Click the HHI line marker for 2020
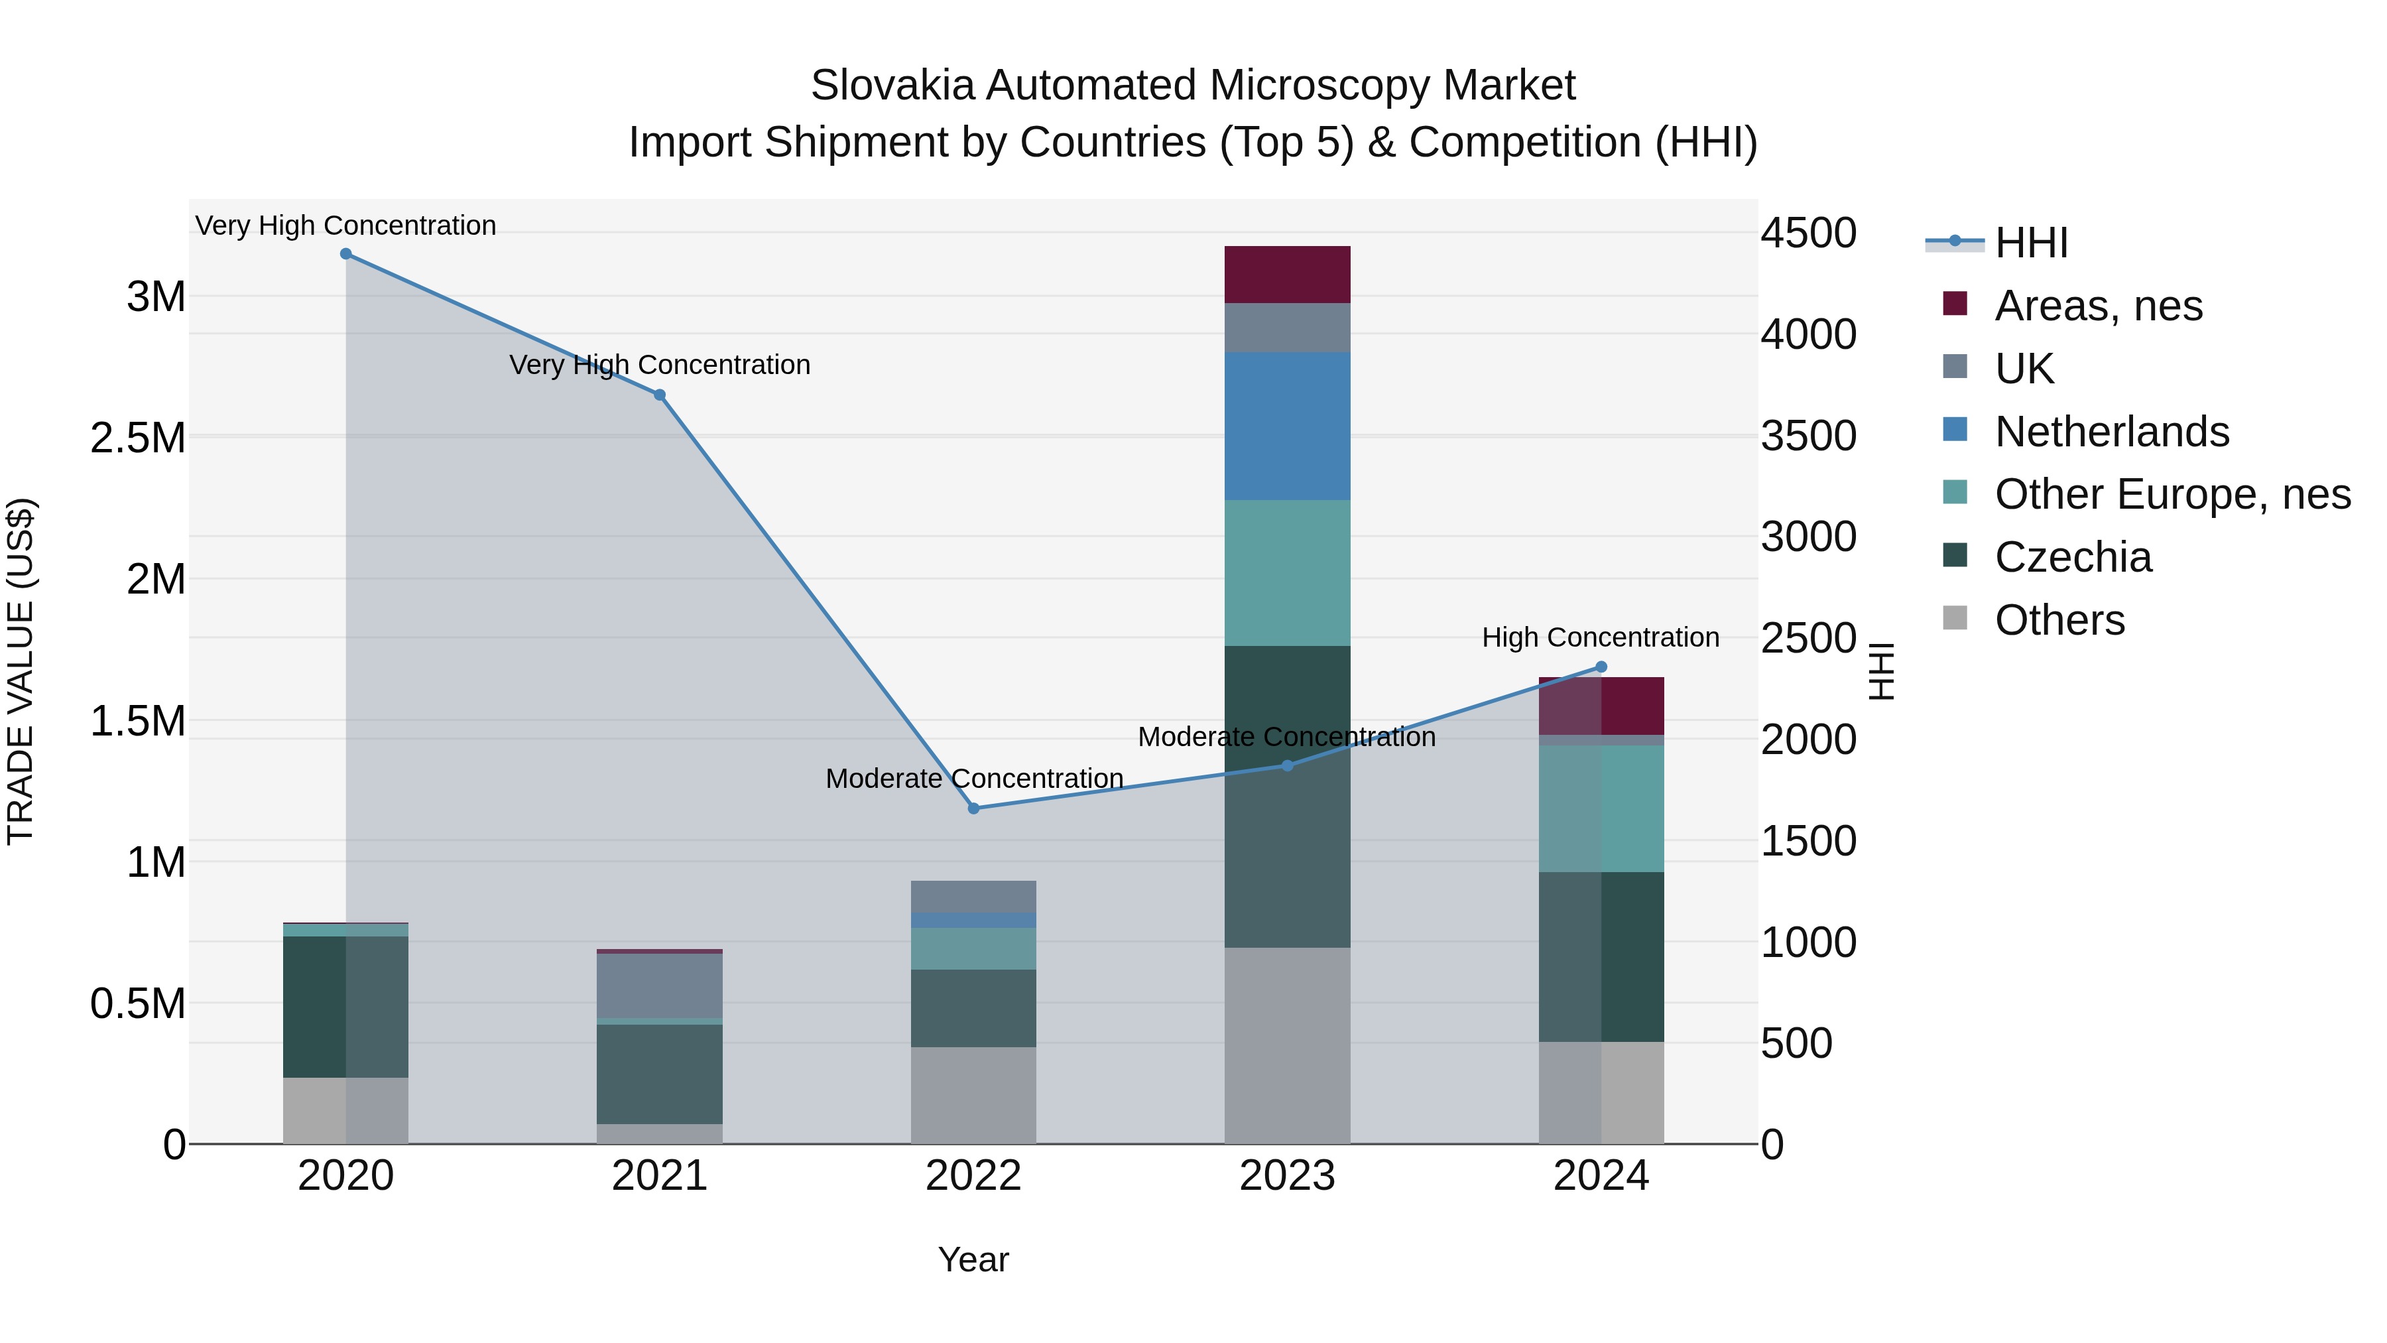(345, 253)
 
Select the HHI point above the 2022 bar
(973, 808)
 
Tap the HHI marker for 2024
(1601, 667)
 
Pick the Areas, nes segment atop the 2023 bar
(1287, 275)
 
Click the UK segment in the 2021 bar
(659, 986)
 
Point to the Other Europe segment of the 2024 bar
(1601, 808)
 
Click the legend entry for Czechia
(2072, 557)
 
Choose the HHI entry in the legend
(2030, 243)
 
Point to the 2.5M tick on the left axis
(137, 438)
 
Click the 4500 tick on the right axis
(1808, 233)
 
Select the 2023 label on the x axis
(1287, 1176)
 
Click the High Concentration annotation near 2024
(1601, 637)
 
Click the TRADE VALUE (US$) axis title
(21, 671)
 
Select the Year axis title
(973, 1259)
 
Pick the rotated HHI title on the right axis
(1880, 671)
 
